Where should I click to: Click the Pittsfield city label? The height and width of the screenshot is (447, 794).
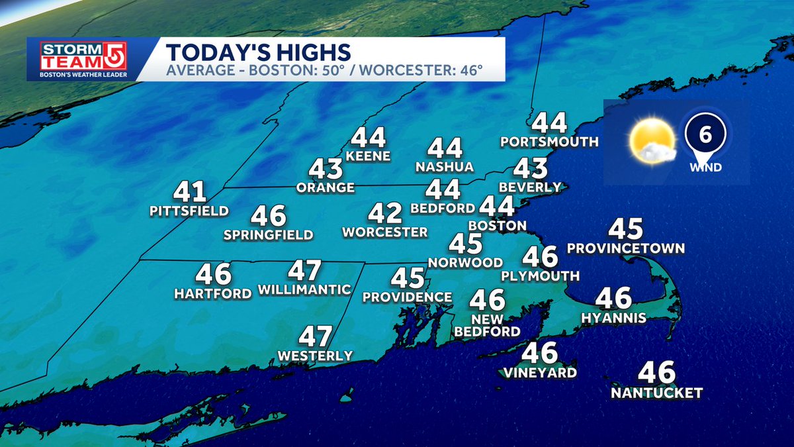189,211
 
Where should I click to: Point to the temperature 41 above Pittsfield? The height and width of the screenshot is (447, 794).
190,193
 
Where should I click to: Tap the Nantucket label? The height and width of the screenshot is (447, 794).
656,393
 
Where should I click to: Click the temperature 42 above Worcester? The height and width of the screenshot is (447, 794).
386,214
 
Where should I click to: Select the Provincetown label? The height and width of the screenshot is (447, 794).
625,248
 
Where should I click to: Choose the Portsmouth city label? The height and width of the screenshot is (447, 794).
549,142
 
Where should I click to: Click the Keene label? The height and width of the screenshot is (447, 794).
369,157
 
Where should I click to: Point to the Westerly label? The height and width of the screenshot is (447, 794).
315,356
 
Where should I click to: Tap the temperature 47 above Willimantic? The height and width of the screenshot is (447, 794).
304,271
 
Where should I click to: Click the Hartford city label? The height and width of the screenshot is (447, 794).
213,293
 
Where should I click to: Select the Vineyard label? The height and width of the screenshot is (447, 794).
539,372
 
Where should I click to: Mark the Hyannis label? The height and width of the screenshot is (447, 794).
613,319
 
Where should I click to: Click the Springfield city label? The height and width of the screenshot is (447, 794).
268,234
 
